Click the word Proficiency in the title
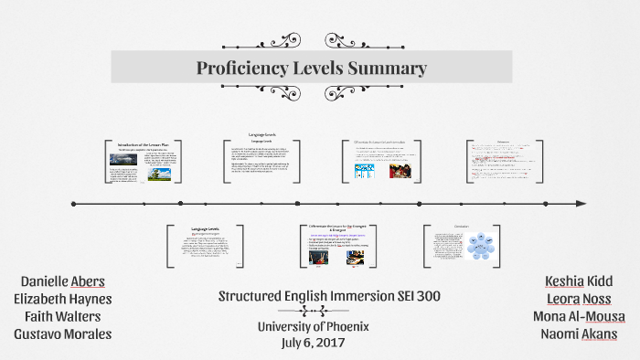tap(240, 69)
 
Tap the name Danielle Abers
tap(63, 281)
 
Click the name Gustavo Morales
tap(63, 334)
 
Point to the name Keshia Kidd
tap(580, 281)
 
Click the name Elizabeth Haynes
tap(63, 298)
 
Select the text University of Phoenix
tap(316, 326)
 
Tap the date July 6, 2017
tap(316, 342)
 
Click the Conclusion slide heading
tap(461, 226)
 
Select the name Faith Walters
tap(63, 316)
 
